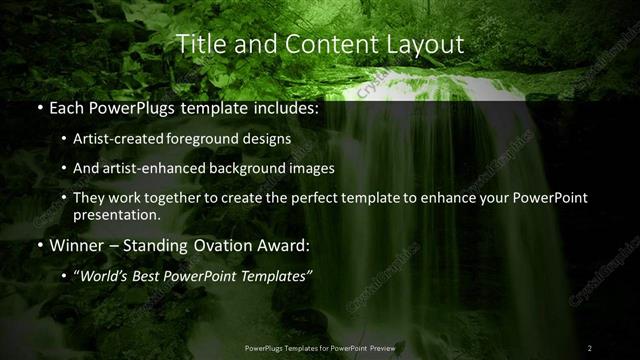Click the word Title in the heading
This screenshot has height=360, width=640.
click(x=198, y=45)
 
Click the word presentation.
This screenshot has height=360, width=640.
click(x=116, y=214)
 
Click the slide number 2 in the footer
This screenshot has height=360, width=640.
click(x=590, y=348)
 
